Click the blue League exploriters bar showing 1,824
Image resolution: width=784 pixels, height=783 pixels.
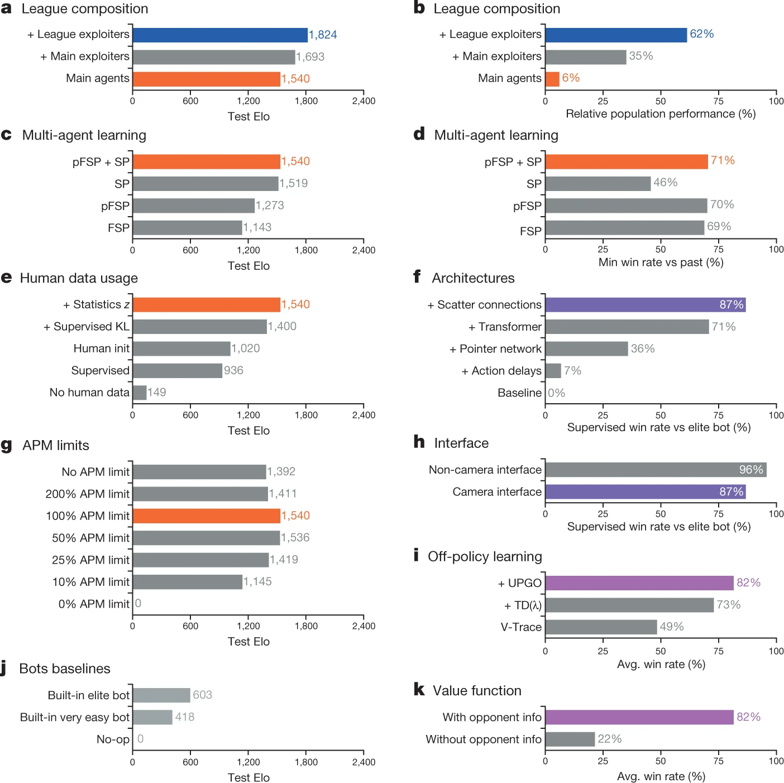click(x=219, y=35)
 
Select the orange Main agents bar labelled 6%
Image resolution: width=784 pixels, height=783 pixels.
click(x=552, y=79)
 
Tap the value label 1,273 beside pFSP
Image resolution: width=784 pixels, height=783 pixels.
click(x=269, y=205)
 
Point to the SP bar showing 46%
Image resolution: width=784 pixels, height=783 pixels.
click(x=597, y=183)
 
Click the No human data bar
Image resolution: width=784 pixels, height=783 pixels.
click(x=140, y=392)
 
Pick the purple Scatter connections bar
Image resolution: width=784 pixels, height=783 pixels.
click(x=646, y=304)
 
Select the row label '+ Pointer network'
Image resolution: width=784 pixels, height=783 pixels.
click(x=495, y=348)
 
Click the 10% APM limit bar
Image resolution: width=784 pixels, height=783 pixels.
click(x=188, y=581)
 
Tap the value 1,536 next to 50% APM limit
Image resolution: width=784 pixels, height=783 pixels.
click(x=295, y=537)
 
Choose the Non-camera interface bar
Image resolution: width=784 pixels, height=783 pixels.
click(x=656, y=470)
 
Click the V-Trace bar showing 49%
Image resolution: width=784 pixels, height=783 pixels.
click(x=601, y=627)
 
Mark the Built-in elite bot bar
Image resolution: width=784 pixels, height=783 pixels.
click(x=161, y=695)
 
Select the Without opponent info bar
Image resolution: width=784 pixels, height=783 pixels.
click(x=570, y=739)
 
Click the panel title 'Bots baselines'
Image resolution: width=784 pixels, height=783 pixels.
click(x=65, y=669)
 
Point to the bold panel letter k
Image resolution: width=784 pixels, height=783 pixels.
click(x=419, y=689)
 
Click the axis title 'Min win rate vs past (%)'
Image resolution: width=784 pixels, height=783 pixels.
click(x=661, y=262)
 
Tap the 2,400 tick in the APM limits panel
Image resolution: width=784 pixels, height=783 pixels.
click(x=364, y=626)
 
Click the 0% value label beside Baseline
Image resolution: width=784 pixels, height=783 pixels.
click(x=556, y=393)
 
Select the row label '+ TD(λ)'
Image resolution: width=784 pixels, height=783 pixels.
click(x=523, y=605)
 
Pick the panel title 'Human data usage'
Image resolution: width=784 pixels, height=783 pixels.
click(x=79, y=278)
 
